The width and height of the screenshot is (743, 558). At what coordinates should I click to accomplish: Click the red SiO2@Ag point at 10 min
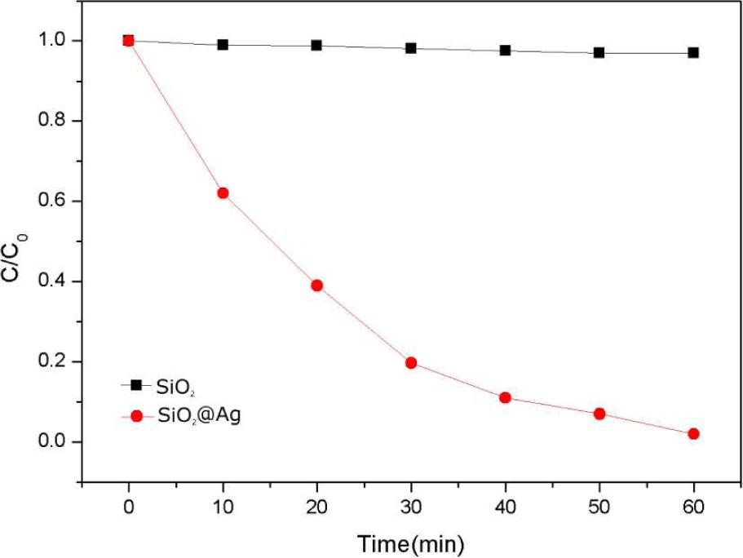[x=223, y=193]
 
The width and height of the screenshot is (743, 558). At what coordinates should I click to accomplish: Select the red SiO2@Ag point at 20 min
[x=317, y=286]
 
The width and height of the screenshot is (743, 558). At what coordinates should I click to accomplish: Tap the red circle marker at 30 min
[x=411, y=362]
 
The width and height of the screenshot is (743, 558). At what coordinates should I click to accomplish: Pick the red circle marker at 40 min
[x=505, y=398]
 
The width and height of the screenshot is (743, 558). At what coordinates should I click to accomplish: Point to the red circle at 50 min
[x=599, y=414]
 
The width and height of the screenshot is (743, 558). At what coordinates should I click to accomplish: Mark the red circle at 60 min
[x=693, y=434]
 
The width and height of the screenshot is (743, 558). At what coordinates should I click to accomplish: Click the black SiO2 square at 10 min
[x=223, y=45]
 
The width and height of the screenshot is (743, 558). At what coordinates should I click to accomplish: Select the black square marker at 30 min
[x=411, y=48]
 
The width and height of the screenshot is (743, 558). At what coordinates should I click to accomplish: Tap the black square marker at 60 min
[x=693, y=52]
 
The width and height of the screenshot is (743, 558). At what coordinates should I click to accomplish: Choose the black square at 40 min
[x=505, y=51]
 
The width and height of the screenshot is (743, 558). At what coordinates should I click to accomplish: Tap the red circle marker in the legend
[x=136, y=415]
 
